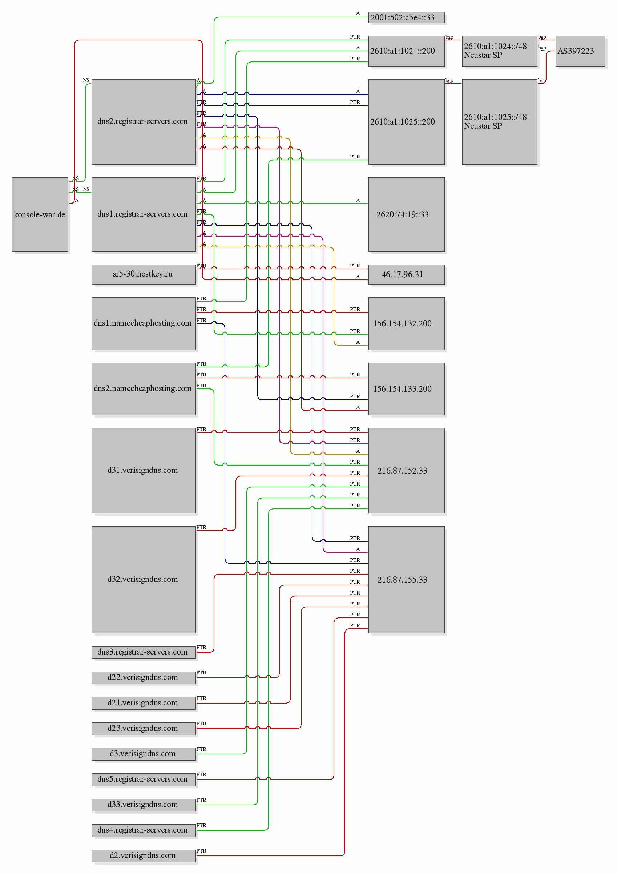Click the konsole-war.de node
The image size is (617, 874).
pos(40,214)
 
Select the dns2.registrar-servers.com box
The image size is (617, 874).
pos(144,121)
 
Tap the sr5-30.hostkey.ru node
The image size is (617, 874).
pos(144,274)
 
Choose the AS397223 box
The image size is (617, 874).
pos(580,51)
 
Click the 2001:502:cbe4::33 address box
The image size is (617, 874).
pos(406,17)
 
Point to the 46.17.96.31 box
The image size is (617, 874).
pos(406,274)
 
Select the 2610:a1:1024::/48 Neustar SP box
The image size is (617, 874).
pos(499,51)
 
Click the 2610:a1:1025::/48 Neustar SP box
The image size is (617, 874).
pos(499,121)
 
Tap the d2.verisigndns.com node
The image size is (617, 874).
pos(144,855)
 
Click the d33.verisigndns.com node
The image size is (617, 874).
pos(144,804)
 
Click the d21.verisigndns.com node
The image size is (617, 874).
pos(144,703)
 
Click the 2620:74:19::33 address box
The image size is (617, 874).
pos(406,214)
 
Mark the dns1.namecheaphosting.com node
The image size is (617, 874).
pos(144,323)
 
